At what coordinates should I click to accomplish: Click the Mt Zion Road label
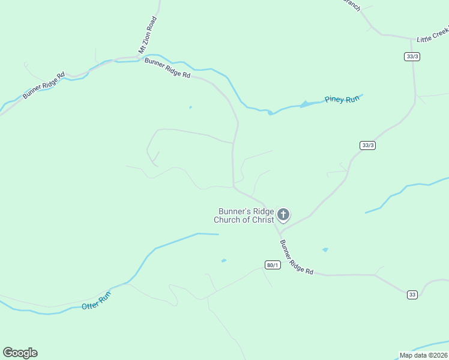pos(148,35)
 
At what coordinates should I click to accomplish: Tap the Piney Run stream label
pos(342,99)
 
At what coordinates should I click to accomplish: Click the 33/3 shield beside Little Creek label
pos(411,56)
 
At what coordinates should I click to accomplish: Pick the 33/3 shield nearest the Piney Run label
pos(368,145)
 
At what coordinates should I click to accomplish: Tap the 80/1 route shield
pos(273,265)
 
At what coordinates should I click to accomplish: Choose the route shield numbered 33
pos(412,294)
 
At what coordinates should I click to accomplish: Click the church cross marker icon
pos(283,214)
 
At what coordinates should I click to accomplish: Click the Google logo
pos(20,353)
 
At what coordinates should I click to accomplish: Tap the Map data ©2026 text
pos(424,355)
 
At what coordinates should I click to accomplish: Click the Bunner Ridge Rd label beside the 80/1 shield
pos(297,258)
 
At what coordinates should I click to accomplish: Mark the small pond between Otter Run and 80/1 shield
pos(223,260)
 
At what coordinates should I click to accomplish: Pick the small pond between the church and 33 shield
pos(325,250)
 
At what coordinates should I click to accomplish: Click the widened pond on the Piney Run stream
pos(305,104)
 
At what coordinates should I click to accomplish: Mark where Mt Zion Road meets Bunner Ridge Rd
pos(139,59)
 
